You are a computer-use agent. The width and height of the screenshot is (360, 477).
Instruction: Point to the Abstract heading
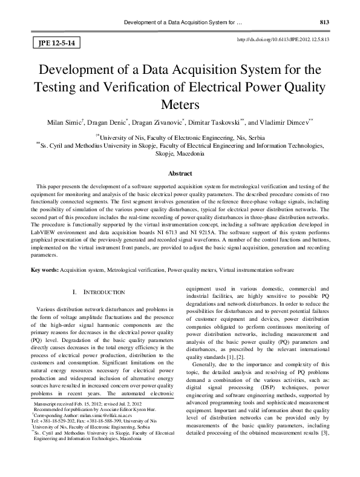click(180, 174)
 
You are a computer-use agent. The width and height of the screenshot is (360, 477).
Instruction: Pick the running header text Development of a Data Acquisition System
click(181, 23)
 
